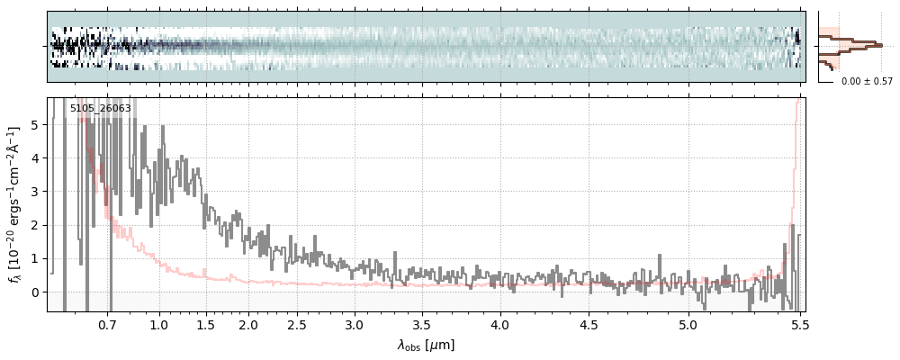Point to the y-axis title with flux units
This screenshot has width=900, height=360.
coord(14,205)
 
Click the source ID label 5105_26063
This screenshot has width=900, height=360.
coord(100,109)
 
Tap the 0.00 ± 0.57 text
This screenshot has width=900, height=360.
coord(867,81)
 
